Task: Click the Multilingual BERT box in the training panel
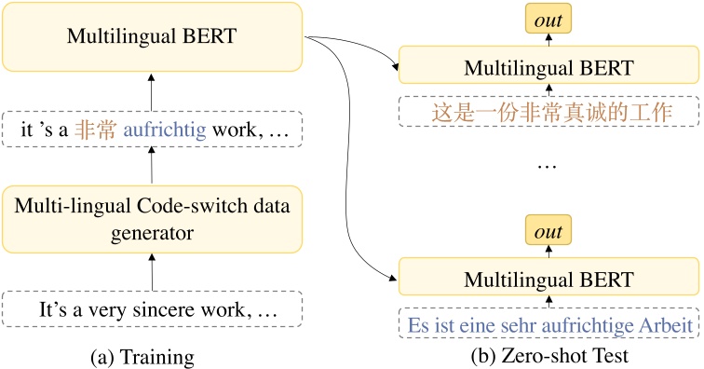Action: coord(152,37)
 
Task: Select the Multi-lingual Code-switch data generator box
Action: coord(152,219)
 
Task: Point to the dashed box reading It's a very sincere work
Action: coord(152,308)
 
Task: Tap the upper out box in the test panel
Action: coord(548,18)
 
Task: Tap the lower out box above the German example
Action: coord(548,228)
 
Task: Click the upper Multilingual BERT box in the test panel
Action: coord(548,68)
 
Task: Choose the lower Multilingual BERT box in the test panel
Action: coord(548,279)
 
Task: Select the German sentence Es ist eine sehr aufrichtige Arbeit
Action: coord(549,326)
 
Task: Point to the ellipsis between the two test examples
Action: coord(548,165)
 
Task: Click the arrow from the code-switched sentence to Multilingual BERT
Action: coord(152,92)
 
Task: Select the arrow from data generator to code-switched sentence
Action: coord(152,168)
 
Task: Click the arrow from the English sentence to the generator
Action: coord(152,271)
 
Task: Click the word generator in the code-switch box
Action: coord(152,232)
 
